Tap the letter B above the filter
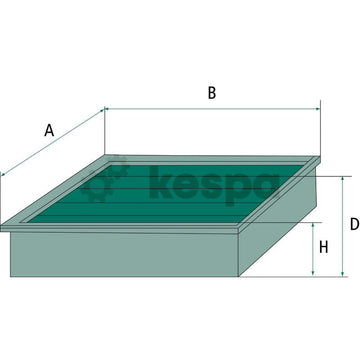point(211,93)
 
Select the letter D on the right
point(354,224)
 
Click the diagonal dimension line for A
point(55,146)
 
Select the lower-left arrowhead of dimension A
point(6,175)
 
